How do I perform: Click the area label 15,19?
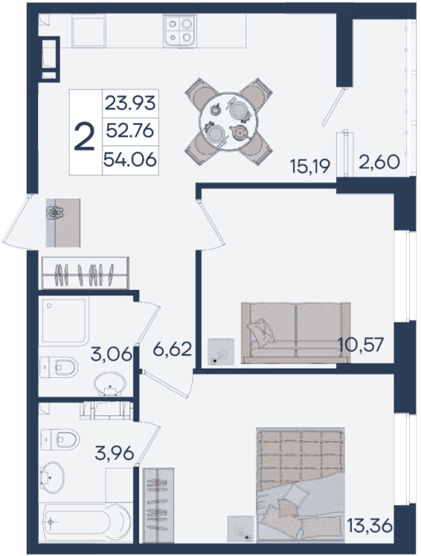pos(311,166)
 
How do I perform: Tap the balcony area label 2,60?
pos(379,163)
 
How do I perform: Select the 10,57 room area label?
pos(361,344)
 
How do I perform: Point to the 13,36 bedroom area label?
pos(370,526)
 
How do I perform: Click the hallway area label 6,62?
pos(172,349)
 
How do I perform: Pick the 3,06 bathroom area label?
pos(111,354)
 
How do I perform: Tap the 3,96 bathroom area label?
pos(114,454)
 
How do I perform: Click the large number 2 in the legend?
pos(85,137)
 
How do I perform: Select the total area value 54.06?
pos(130,160)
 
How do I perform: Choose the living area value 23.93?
pos(130,103)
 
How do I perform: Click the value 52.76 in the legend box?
pos(130,132)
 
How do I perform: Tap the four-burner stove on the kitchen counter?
pos(180,31)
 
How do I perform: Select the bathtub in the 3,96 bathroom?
pos(86,523)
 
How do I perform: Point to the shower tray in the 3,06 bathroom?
pos(64,322)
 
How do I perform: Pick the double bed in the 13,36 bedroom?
pos(301,485)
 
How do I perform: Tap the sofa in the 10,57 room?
pos(295,333)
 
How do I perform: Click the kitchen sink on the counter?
pos(89,31)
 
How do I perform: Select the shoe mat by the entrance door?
pos(63,222)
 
